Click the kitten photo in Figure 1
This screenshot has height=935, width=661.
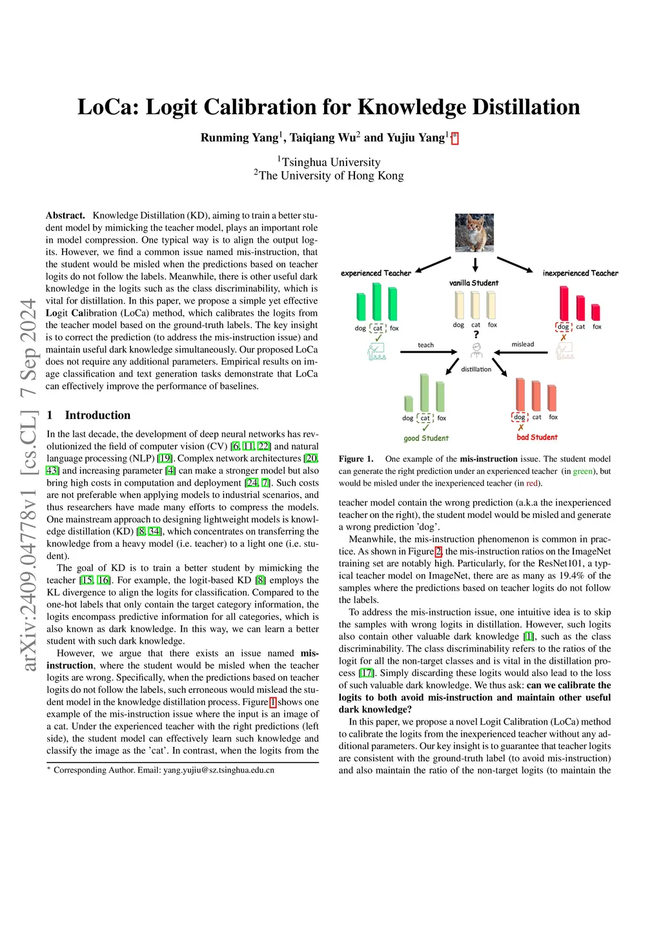coord(474,233)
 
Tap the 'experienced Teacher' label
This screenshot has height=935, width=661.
coord(376,273)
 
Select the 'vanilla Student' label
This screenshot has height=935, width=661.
coord(474,283)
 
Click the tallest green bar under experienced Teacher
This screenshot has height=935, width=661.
coord(377,302)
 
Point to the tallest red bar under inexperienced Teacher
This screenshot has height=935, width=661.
coord(564,303)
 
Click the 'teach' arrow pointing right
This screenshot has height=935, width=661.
coord(425,352)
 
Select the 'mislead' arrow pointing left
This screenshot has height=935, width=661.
coord(522,352)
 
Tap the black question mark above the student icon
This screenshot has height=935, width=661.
coord(476,334)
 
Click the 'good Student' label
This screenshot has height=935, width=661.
coord(426,438)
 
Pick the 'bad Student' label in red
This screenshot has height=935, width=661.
coord(537,437)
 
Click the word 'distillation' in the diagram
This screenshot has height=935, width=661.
coord(476,369)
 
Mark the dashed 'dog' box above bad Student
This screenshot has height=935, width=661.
coord(520,417)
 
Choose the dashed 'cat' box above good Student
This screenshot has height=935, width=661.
coord(425,418)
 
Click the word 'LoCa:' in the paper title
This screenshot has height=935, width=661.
coord(108,107)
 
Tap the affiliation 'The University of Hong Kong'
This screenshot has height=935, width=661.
coord(331,176)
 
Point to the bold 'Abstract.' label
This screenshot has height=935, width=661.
coord(65,216)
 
